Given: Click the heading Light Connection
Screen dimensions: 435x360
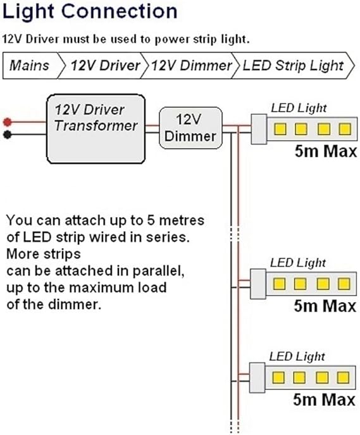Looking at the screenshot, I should [x=90, y=12].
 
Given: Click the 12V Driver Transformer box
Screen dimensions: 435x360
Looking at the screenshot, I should [x=96, y=125].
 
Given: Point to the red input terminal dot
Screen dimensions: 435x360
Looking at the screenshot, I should [x=6, y=122].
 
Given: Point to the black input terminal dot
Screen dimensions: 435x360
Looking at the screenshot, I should [x=6, y=134].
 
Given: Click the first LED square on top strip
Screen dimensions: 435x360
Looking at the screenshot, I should [x=279, y=130].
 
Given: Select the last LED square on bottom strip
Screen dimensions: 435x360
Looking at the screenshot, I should [x=344, y=378].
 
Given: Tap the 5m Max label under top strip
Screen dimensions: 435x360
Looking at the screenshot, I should [x=325, y=152].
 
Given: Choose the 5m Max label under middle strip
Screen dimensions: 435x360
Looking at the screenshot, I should [x=325, y=305].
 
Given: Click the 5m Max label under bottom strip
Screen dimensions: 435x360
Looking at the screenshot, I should [x=325, y=400].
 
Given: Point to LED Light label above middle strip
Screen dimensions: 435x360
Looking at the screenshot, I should [x=299, y=262].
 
